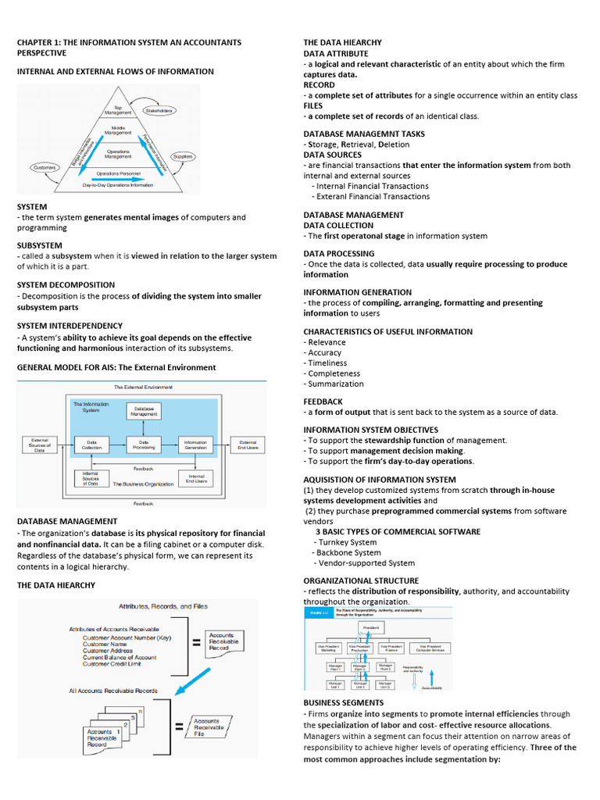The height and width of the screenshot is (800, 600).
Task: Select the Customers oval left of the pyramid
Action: click(44, 167)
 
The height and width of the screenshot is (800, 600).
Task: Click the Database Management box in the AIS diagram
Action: click(144, 411)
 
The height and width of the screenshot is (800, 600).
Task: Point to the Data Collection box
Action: click(91, 445)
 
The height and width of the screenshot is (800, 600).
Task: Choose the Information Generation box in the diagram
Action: click(195, 445)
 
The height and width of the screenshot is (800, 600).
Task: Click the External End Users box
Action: click(248, 445)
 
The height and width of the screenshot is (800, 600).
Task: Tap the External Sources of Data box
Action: click(40, 445)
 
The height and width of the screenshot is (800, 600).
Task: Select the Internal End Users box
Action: click(196, 478)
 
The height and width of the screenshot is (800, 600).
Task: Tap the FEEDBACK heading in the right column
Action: click(323, 402)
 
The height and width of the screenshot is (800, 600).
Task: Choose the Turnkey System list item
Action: click(346, 542)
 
